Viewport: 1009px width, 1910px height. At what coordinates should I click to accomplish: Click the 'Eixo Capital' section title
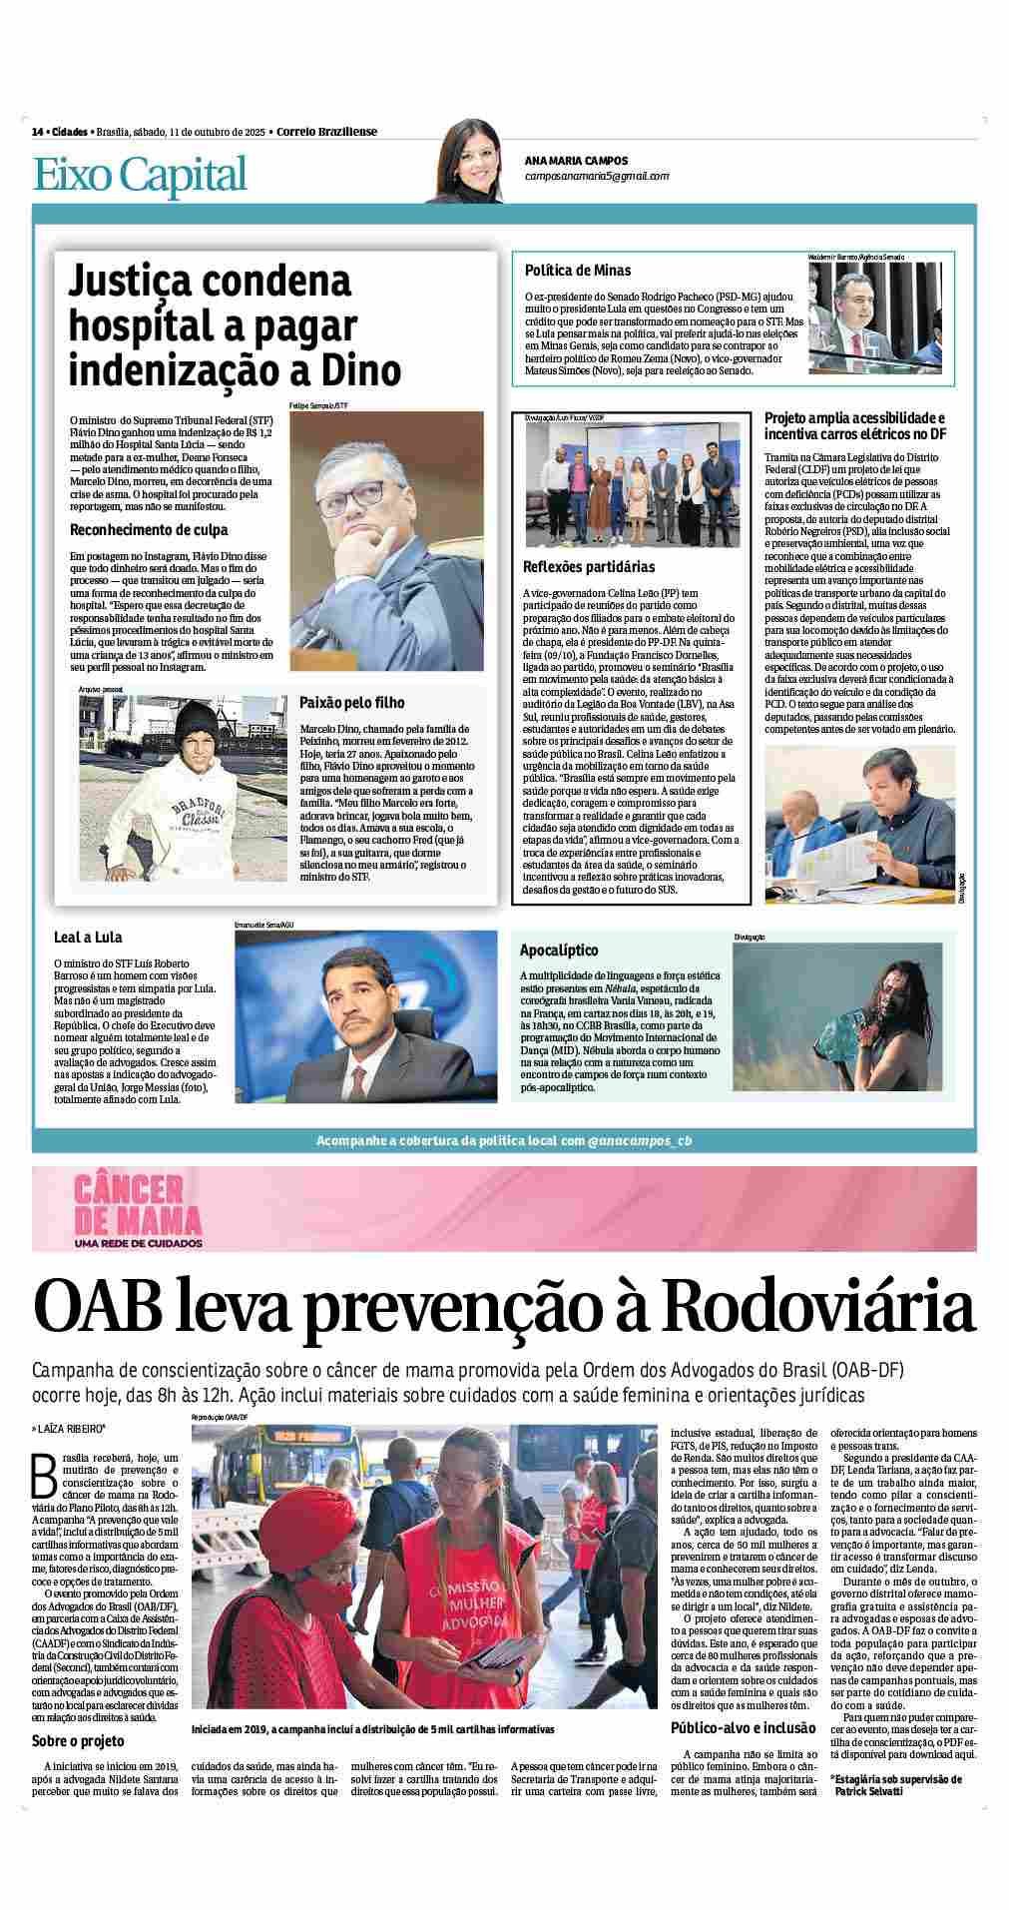[140, 175]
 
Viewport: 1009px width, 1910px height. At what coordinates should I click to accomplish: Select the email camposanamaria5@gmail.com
[596, 176]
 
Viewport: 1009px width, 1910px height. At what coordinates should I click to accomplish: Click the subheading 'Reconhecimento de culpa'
[149, 530]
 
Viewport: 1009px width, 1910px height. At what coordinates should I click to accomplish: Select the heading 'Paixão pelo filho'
[351, 703]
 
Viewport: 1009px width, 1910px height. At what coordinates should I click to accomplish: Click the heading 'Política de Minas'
[578, 271]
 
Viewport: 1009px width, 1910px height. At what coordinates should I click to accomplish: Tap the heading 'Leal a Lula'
[89, 938]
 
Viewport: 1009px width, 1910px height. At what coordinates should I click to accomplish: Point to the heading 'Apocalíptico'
[559, 951]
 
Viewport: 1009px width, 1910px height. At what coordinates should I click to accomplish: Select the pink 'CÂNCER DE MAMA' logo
[138, 1211]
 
